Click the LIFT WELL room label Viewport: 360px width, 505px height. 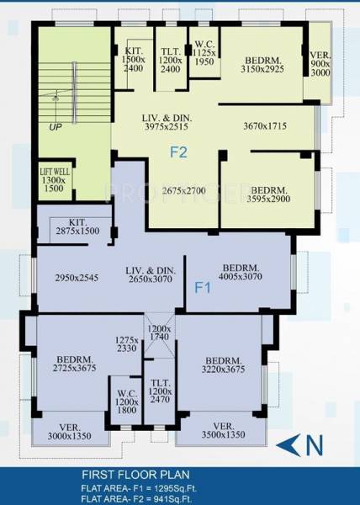[x=54, y=180]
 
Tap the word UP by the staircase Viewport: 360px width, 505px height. [x=56, y=127]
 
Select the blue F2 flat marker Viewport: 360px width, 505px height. [x=178, y=152]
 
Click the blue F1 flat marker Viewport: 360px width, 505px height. [x=203, y=288]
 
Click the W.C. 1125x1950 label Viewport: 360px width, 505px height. [x=204, y=52]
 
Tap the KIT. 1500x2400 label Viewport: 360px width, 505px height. [x=134, y=59]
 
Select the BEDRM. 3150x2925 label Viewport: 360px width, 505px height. [x=262, y=65]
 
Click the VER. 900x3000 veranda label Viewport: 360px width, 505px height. [x=320, y=63]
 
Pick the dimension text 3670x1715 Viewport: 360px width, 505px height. [x=265, y=125]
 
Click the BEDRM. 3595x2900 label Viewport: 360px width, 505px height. [x=268, y=194]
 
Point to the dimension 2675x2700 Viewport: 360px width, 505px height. [x=183, y=191]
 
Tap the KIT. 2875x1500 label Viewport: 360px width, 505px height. [x=77, y=226]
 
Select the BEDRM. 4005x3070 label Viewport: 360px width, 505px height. [x=241, y=272]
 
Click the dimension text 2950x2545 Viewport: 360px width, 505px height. [x=77, y=278]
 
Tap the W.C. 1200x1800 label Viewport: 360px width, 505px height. [x=127, y=401]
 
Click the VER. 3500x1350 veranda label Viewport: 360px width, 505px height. [x=223, y=430]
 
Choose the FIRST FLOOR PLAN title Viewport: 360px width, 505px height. [x=135, y=475]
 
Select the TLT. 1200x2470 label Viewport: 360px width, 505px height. [x=160, y=391]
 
